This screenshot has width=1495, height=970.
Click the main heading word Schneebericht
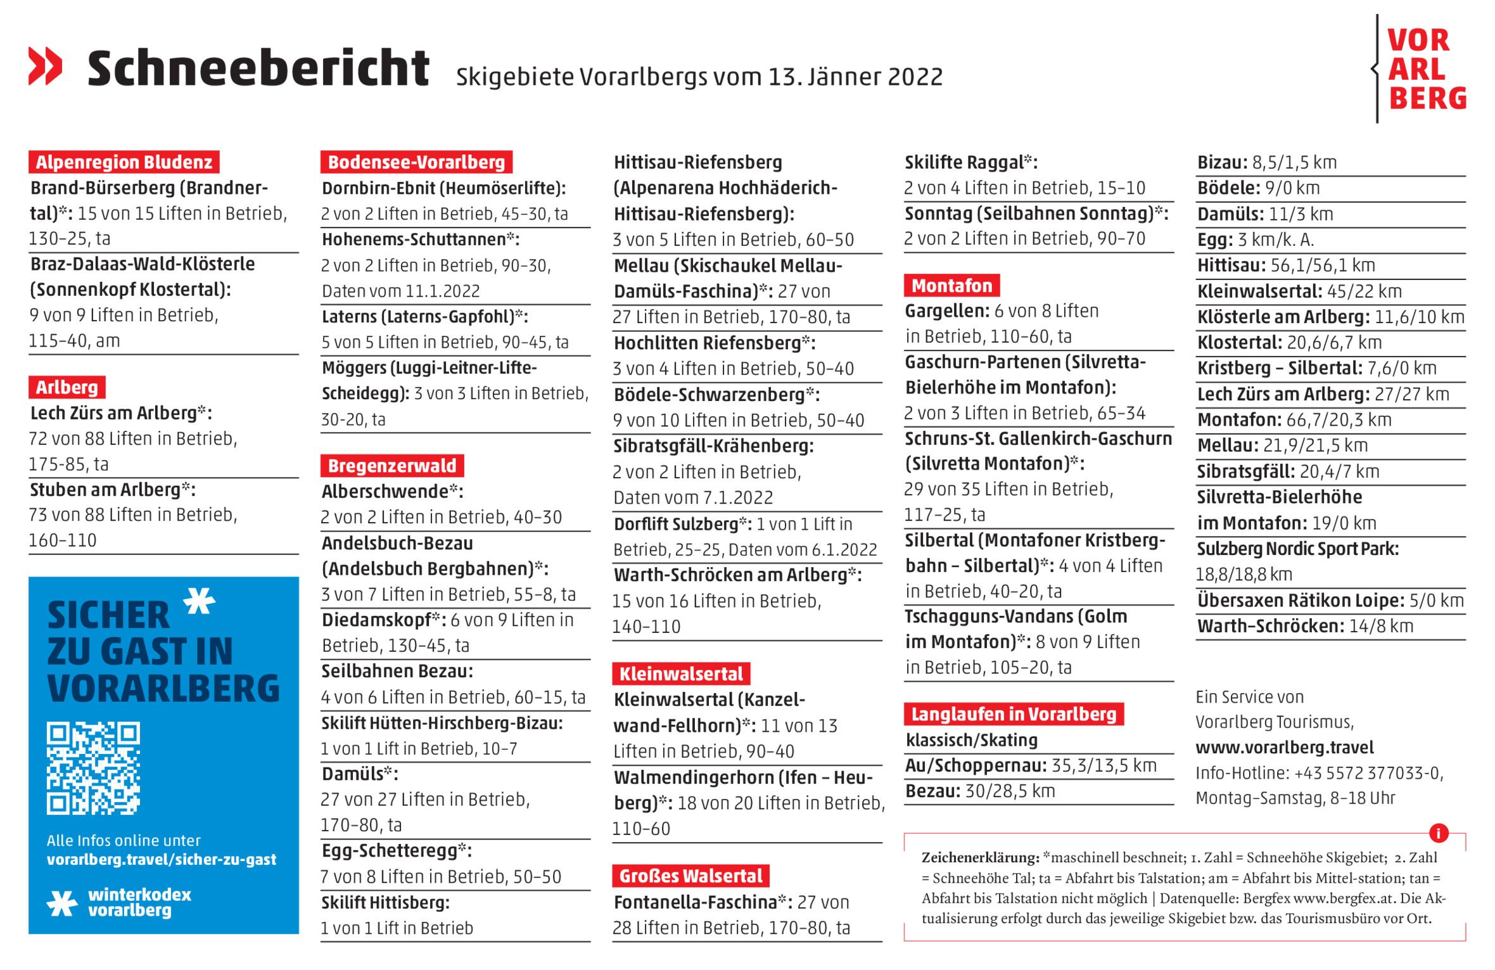[258, 68]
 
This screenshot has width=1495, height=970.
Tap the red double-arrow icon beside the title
[46, 66]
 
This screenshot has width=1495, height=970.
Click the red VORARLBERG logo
[1426, 69]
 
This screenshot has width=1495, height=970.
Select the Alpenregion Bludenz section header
[124, 162]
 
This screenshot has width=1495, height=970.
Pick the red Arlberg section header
[67, 387]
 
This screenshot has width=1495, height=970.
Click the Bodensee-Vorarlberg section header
[416, 162]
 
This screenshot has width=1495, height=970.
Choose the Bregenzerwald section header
[392, 466]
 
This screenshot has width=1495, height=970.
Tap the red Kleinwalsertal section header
[681, 674]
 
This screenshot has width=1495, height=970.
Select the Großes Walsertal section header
[690, 876]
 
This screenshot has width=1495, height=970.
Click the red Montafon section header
[951, 286]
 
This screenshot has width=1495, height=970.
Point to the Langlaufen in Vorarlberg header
[1014, 715]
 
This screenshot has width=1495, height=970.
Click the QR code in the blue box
[93, 768]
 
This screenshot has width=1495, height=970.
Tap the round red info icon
[1439, 833]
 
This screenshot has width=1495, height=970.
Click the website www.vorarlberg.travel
[1285, 748]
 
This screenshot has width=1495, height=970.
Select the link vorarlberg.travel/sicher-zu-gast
[162, 860]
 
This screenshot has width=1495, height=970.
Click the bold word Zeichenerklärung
[980, 858]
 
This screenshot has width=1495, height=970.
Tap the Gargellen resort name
[946, 311]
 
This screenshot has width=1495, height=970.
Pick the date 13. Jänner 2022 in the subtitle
[855, 77]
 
